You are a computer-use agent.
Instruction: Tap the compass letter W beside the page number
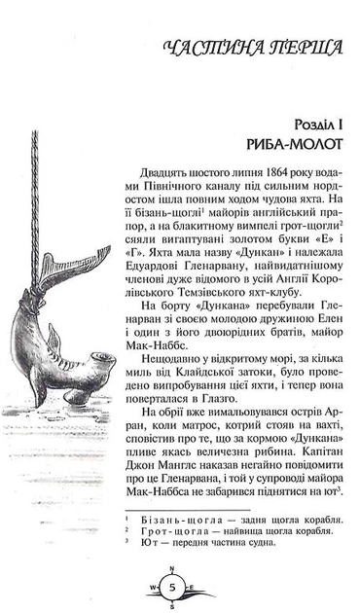coord(153,587)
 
